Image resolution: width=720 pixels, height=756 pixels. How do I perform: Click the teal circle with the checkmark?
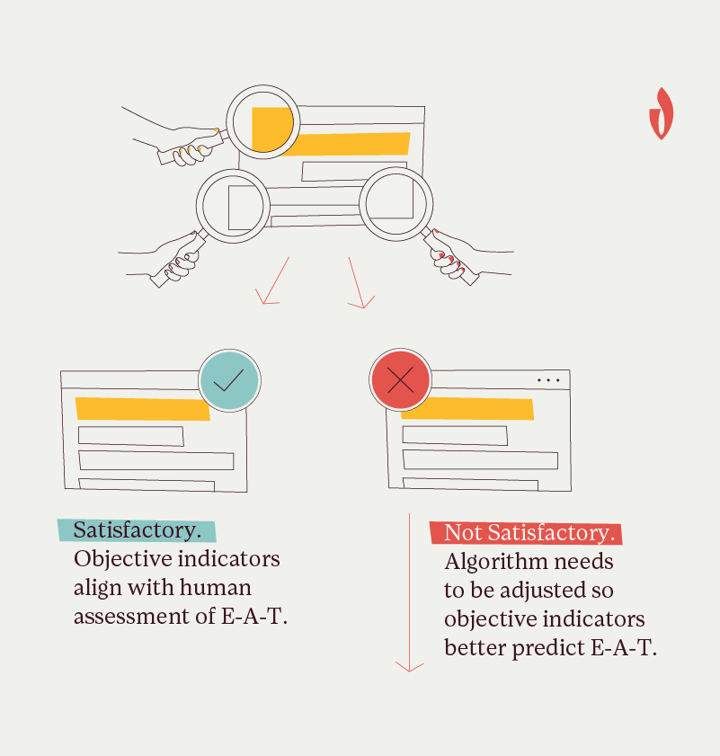tap(229, 380)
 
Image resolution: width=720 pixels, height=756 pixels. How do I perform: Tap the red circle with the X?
tap(400, 380)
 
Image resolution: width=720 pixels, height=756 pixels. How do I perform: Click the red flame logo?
tap(662, 114)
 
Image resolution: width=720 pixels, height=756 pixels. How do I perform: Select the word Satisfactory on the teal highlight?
tap(137, 530)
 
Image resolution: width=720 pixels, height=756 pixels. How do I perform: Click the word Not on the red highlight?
tap(464, 533)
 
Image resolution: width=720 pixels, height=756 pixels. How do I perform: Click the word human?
tap(215, 588)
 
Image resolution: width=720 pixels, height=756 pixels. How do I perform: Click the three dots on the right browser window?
tap(548, 380)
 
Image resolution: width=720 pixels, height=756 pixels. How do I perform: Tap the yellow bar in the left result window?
tap(143, 409)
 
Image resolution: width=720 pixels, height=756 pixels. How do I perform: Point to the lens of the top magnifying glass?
tap(263, 122)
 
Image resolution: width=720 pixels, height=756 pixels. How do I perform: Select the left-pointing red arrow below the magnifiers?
tap(272, 280)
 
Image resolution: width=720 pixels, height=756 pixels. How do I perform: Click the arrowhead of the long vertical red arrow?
tap(409, 667)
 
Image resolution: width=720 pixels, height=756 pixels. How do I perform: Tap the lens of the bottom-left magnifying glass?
tap(233, 206)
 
